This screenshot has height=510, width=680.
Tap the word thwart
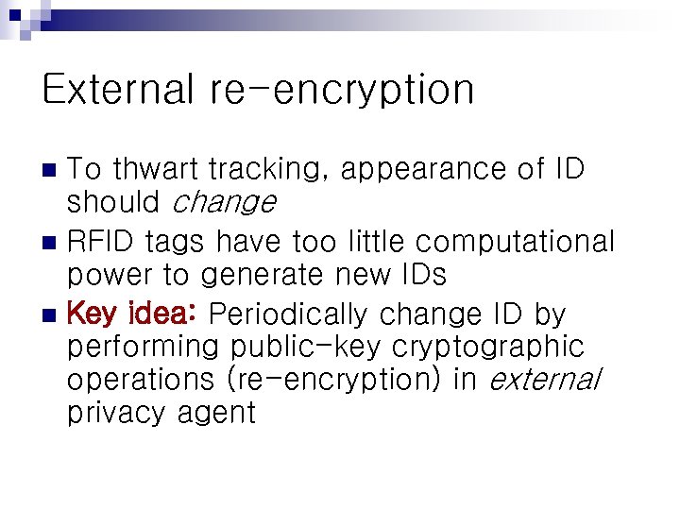[x=156, y=170]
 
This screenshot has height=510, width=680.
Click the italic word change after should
[x=226, y=201]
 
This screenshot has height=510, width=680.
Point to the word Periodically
[x=288, y=314]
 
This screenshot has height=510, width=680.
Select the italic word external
[x=545, y=379]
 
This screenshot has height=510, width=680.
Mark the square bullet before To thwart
[x=52, y=171]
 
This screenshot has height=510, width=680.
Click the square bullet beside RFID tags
[x=52, y=243]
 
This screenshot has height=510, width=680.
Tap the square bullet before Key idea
[x=52, y=314]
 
